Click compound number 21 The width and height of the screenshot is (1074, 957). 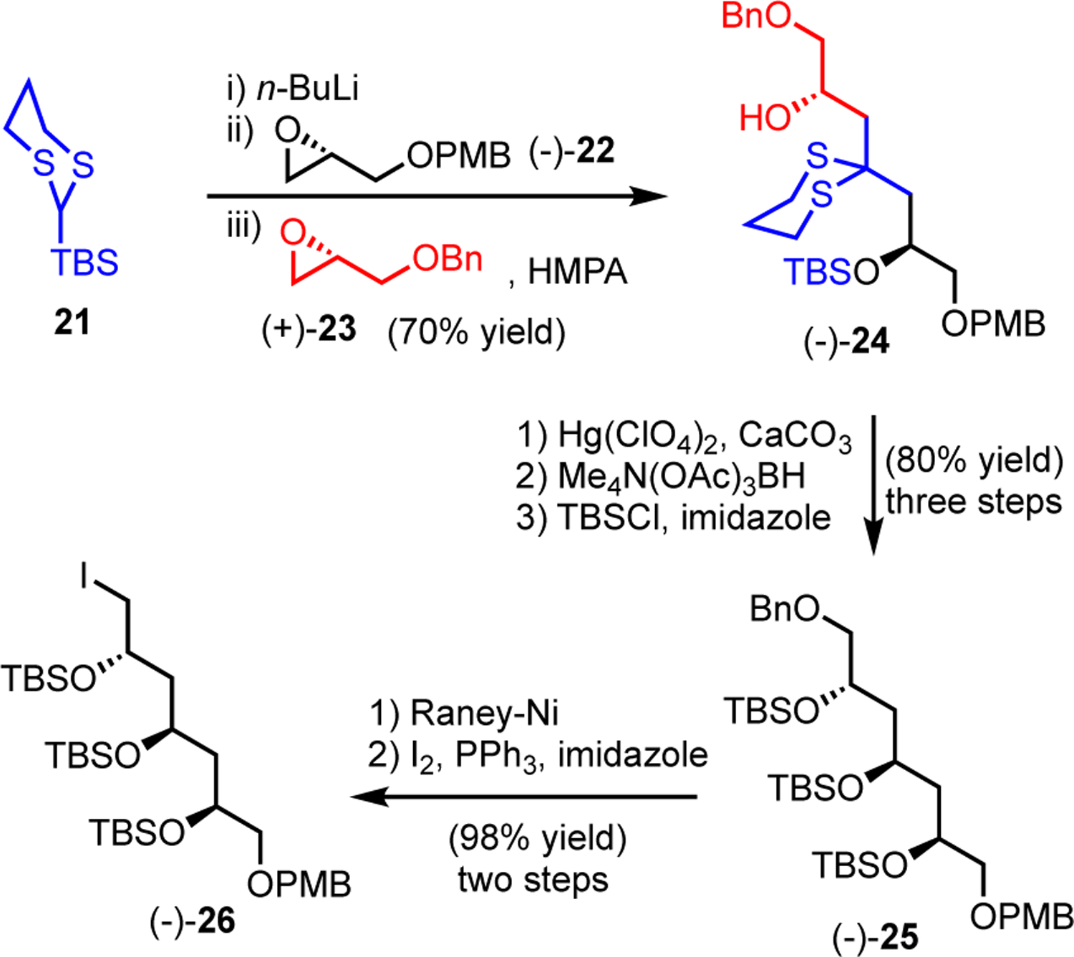pos(72,322)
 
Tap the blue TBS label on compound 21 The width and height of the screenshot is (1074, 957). pos(84,262)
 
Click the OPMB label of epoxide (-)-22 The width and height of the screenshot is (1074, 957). pos(459,155)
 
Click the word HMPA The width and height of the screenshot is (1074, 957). pos(577,272)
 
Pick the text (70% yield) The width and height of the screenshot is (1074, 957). pos(476,332)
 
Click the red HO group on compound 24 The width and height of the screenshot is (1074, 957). pos(765,117)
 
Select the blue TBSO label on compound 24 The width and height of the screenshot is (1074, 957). pos(831,272)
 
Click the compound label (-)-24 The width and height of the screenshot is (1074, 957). pos(846,341)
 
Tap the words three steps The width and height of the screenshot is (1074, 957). pos(973,502)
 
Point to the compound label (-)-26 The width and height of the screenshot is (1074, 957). pos(192,920)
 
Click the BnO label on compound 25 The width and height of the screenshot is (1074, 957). pos(785,610)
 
